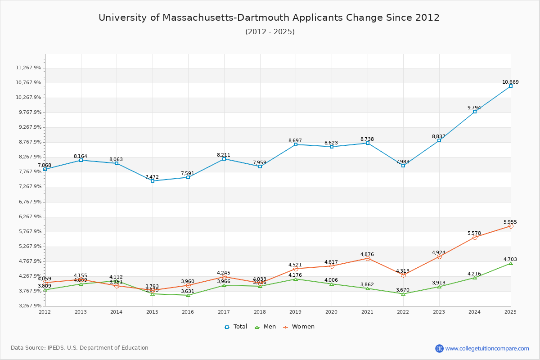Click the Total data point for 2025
[x=511, y=86]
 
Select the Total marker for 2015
[x=153, y=181]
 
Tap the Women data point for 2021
[x=368, y=258]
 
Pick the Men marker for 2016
[x=188, y=295]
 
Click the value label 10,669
[x=510, y=82]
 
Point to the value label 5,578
[x=474, y=233]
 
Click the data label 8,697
[x=296, y=141]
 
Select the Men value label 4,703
[x=510, y=259]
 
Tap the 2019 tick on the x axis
[x=296, y=311]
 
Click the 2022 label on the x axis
[x=403, y=311]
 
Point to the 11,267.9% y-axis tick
[x=28, y=68]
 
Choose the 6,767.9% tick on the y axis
[x=28, y=202]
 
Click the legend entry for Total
[x=236, y=327]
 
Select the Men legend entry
[x=265, y=327]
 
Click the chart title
[x=269, y=18]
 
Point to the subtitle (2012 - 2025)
[x=270, y=31]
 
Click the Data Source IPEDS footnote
[x=80, y=348]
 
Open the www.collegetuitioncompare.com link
[x=487, y=348]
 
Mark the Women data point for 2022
[x=403, y=275]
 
